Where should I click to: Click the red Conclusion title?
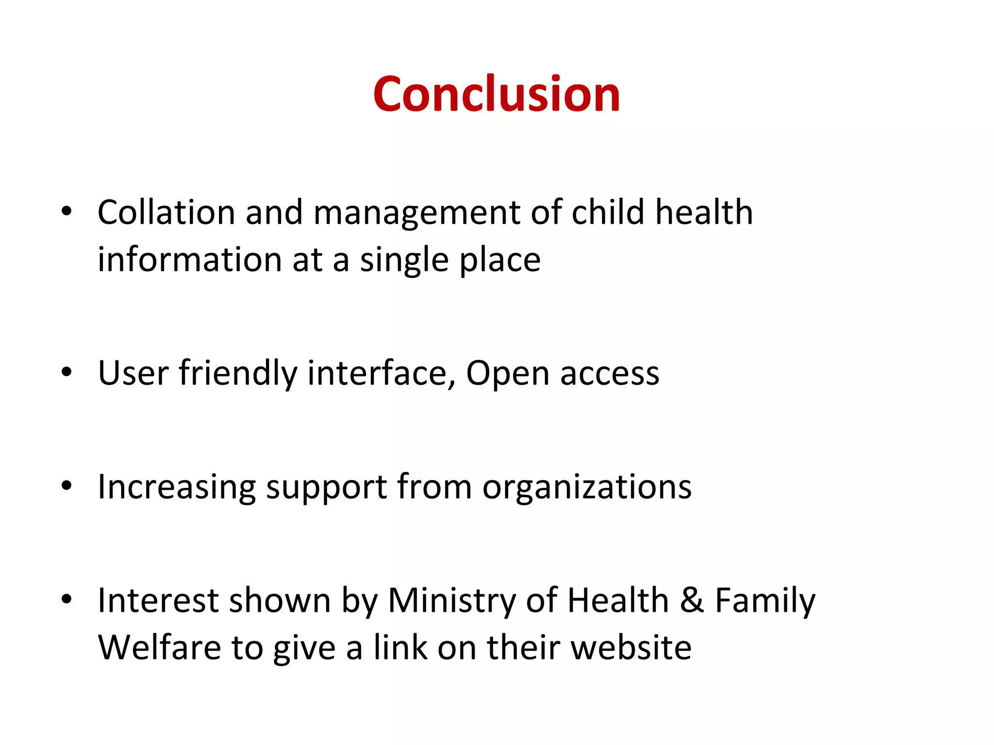coord(497,94)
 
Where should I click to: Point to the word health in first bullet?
coord(704,212)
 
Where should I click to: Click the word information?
coord(189,259)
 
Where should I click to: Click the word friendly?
coord(238,373)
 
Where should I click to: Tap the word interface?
coord(381,373)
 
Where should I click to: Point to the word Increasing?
coord(177,487)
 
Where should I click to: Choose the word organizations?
coord(587,487)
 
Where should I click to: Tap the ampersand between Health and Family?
coord(692,600)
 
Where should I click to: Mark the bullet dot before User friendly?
coord(66,372)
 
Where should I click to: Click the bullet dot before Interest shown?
coord(66,599)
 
